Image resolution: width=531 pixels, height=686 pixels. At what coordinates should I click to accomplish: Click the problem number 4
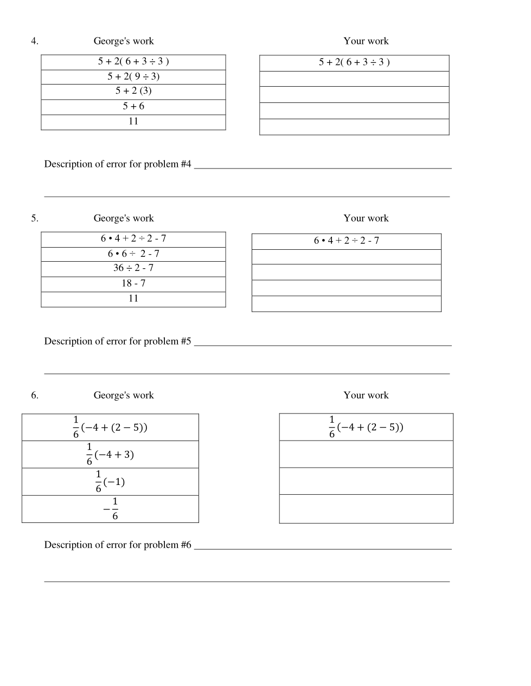[34, 41]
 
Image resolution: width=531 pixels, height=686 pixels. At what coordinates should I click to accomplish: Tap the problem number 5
[34, 218]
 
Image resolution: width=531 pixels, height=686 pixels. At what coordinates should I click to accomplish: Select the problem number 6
[34, 396]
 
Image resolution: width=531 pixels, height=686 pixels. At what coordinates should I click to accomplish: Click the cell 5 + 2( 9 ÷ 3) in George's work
[133, 76]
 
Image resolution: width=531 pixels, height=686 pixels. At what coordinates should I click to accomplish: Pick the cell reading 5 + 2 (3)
[133, 91]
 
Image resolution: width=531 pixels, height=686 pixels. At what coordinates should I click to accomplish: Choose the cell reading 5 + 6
[133, 106]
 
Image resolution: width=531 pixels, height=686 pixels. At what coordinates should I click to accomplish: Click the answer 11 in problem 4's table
[133, 121]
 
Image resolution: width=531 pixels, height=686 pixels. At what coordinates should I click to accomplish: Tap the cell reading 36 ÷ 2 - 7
[133, 268]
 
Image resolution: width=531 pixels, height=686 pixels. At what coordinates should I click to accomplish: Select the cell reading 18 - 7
[133, 283]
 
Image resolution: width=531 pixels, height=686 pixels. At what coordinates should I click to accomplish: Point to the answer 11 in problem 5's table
[133, 299]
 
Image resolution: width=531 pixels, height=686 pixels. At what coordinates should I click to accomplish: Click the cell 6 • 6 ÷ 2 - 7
[133, 254]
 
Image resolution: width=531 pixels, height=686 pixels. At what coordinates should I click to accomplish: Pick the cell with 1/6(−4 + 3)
[110, 454]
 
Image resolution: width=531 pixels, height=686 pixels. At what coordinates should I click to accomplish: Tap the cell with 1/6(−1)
[110, 481]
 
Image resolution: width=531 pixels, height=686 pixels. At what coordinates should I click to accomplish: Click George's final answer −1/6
[111, 509]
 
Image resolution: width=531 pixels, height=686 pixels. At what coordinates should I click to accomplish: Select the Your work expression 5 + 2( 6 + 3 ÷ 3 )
[354, 62]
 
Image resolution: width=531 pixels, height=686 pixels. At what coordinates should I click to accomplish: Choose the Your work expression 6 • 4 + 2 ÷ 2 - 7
[346, 241]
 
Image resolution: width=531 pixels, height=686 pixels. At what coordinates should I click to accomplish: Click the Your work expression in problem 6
[366, 427]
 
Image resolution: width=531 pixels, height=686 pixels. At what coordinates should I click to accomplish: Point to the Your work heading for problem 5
[366, 218]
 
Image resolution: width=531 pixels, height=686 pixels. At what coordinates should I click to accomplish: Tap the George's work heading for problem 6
[124, 396]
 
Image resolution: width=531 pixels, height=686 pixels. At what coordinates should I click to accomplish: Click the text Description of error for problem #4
[118, 164]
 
